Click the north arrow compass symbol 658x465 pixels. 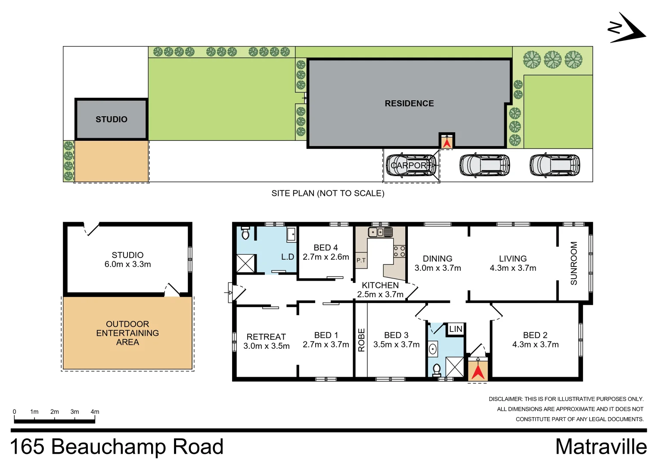627,28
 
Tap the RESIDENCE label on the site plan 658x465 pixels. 409,103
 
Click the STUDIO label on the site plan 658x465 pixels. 111,119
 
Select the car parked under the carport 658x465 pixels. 411,165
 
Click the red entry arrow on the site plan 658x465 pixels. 447,142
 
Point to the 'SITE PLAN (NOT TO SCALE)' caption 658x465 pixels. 328,193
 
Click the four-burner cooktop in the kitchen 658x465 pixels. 399,251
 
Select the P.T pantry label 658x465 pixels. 361,260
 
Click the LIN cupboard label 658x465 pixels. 456,329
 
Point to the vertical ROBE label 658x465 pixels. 361,340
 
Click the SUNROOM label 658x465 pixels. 574,263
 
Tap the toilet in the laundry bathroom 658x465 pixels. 245,233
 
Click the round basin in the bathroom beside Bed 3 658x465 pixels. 433,349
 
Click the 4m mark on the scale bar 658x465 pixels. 95,412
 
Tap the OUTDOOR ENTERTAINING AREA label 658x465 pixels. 127,333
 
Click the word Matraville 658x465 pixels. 601,446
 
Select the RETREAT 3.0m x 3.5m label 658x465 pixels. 266,341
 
